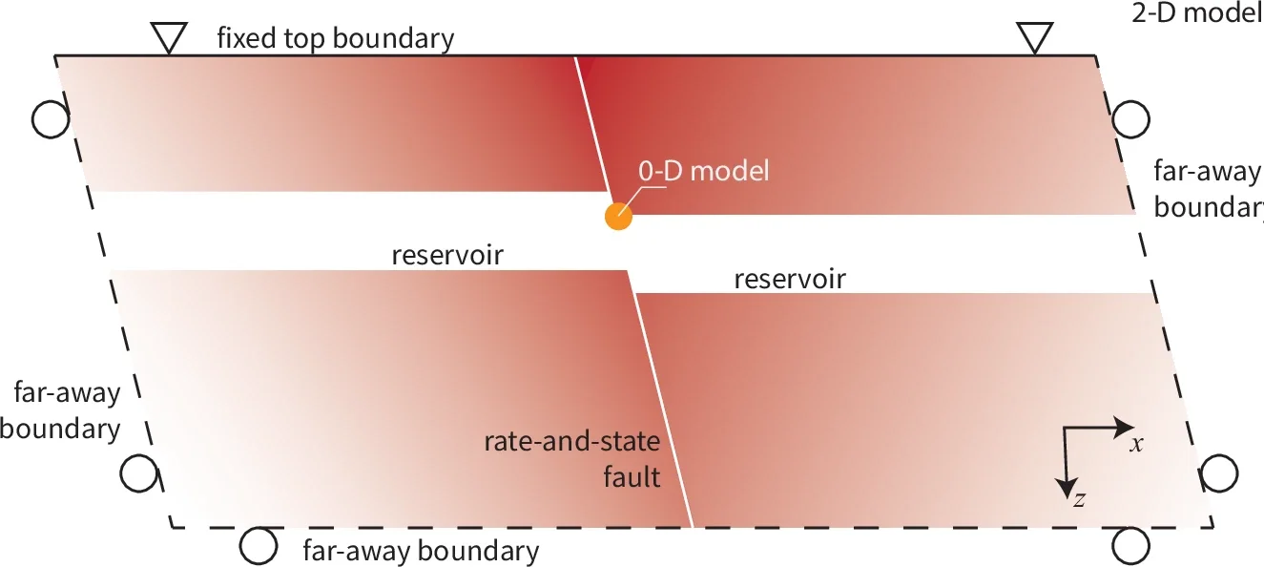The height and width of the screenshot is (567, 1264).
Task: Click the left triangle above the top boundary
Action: point(168,37)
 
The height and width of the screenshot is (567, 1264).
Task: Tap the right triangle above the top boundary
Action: point(1034,37)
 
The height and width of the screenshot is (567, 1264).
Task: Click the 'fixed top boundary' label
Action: point(335,39)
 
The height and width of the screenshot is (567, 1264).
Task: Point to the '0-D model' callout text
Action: point(704,172)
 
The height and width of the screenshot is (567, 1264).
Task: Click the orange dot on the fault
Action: point(618,216)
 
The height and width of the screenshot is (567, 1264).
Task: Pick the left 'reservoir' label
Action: point(446,256)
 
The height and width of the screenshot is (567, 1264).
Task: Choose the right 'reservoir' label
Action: point(790,280)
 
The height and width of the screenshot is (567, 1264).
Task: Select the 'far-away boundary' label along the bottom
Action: point(421,551)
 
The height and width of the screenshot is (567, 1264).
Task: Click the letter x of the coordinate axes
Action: point(1136,444)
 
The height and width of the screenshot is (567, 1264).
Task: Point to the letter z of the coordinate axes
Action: point(1079,498)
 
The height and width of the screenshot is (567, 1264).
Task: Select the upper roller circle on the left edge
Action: point(50,118)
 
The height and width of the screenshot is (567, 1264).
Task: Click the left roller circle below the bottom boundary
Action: point(258,546)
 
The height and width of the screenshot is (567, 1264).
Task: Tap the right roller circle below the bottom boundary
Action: point(1130,547)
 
